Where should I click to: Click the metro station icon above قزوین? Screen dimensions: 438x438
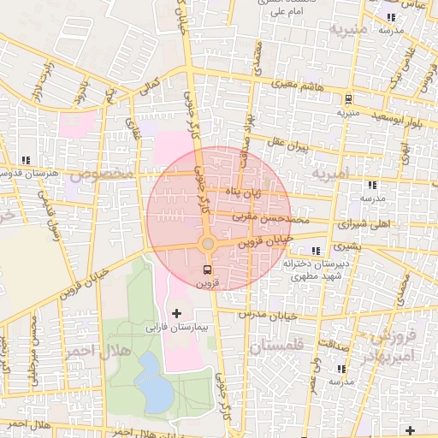tap(207, 269)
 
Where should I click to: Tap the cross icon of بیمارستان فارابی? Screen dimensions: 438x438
tap(176, 314)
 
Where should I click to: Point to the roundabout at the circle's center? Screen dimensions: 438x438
tap(208, 245)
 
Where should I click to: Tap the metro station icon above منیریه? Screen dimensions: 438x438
tap(348, 99)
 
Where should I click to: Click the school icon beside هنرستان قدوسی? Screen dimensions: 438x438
tap(27, 159)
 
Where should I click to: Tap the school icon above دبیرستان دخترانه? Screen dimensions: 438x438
tap(317, 251)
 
